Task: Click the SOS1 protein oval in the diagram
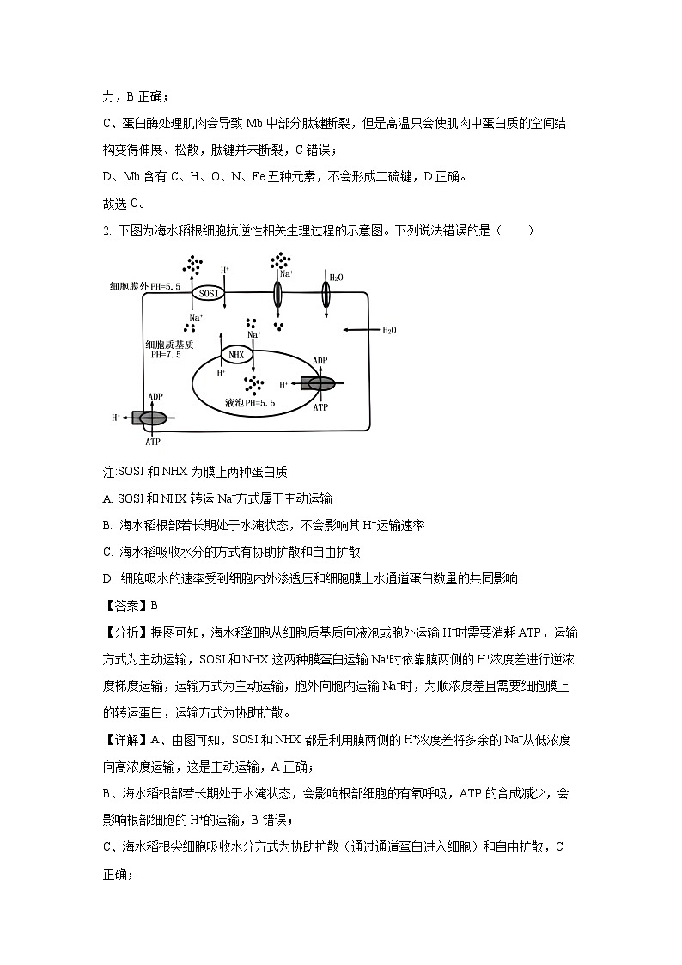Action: (209, 293)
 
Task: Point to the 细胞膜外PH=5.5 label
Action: (145, 286)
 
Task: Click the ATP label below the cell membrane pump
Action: (153, 441)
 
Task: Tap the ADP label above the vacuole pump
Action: (320, 361)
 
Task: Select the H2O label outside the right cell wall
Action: (389, 330)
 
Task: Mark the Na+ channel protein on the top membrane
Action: (277, 294)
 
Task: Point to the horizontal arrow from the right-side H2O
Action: (360, 329)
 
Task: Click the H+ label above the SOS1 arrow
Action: (225, 270)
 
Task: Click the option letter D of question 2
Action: (107, 578)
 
